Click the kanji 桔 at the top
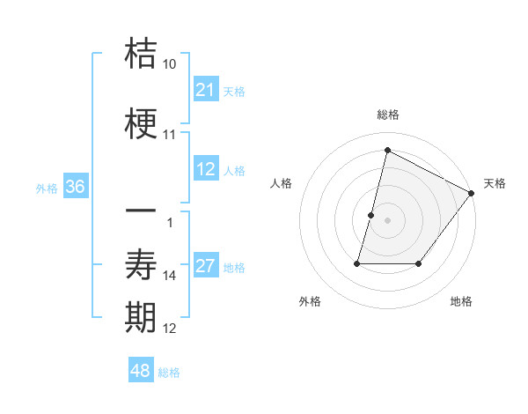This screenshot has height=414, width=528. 142,55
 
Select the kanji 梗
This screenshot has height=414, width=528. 142,125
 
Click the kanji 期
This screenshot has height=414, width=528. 142,318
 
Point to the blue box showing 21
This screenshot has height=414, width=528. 206,90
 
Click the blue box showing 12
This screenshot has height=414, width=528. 206,170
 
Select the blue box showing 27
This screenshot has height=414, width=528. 206,267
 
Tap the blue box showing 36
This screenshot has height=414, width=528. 75,187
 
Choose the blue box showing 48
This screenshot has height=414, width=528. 141,371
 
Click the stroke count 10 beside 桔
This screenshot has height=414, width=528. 170,64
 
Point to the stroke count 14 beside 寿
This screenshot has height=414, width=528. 170,276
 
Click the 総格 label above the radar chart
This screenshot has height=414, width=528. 388,115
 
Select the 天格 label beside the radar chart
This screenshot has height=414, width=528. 495,183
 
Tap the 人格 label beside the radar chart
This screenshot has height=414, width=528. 282,183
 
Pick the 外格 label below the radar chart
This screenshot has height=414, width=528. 310,301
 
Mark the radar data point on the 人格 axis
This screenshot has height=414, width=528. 371,215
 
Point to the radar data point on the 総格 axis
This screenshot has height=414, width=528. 387,150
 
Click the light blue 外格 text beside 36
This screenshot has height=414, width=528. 47,188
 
